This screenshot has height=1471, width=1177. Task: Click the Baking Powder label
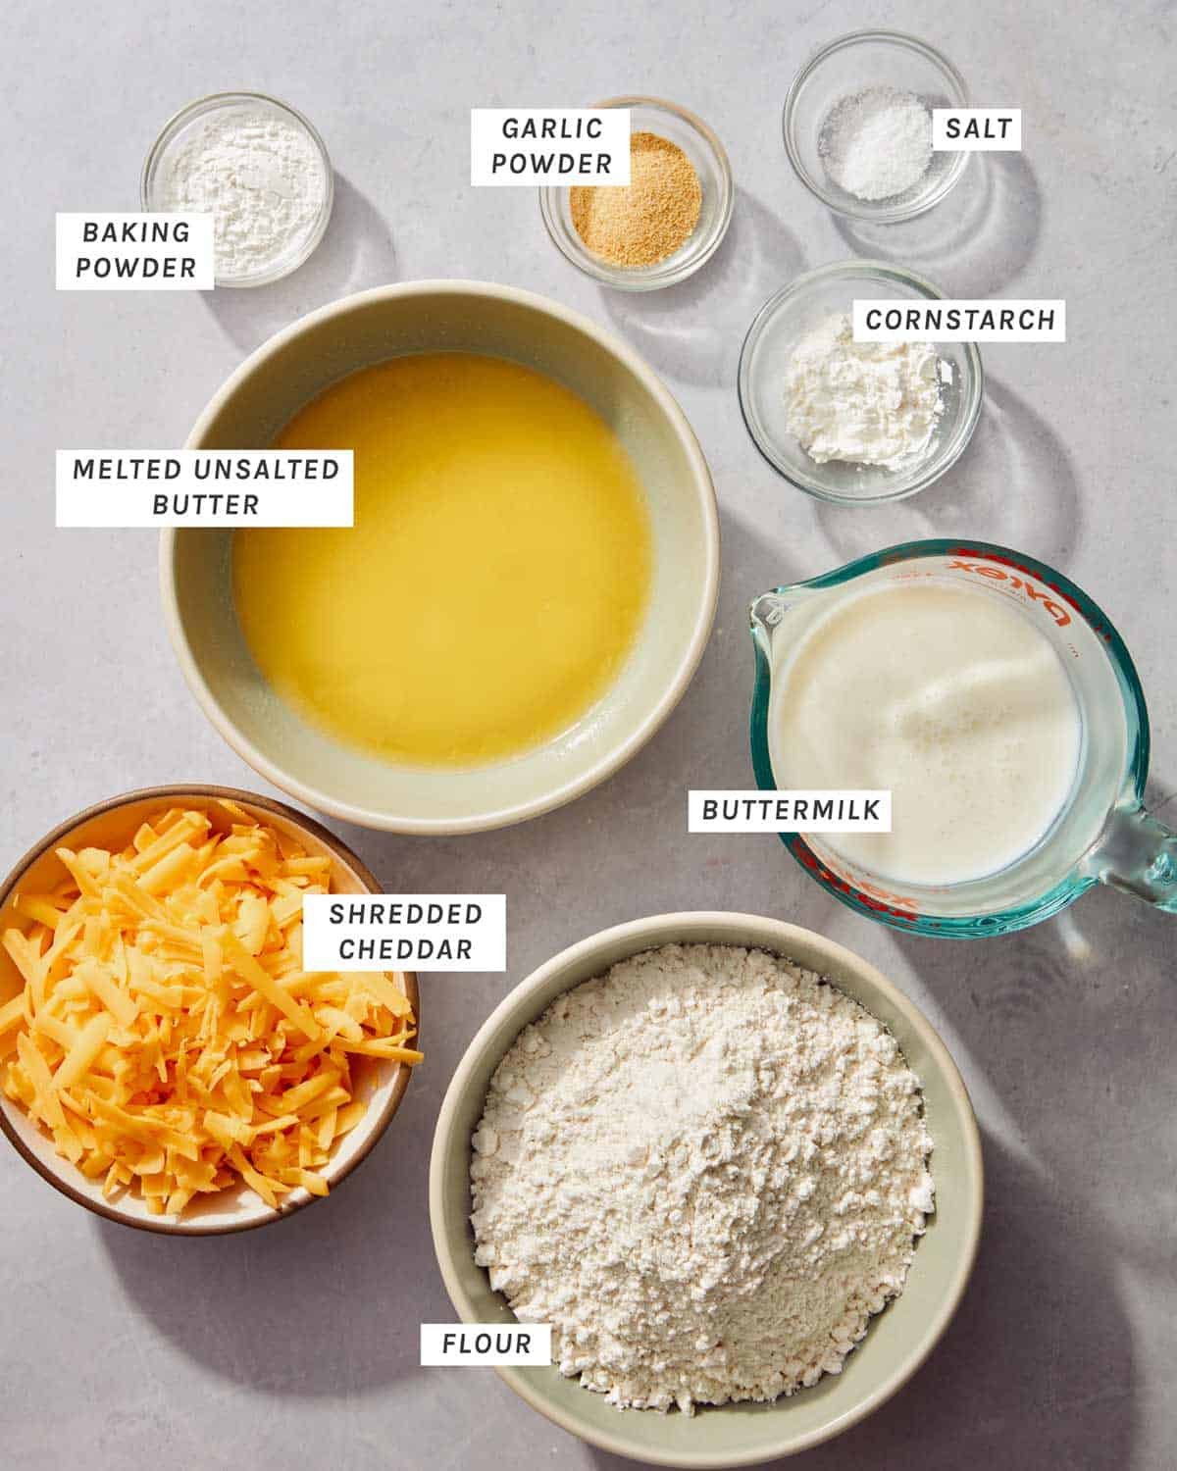(x=135, y=250)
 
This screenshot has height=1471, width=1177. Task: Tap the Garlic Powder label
(x=551, y=146)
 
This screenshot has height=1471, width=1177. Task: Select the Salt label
(x=978, y=128)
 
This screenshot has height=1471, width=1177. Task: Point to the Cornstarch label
(x=959, y=320)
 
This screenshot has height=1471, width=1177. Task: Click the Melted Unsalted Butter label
(x=205, y=486)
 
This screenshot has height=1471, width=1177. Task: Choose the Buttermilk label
(x=790, y=810)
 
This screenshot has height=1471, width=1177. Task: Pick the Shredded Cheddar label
(x=404, y=932)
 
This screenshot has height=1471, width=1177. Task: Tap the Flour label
(x=486, y=1343)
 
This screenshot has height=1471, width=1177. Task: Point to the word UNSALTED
(x=267, y=469)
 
